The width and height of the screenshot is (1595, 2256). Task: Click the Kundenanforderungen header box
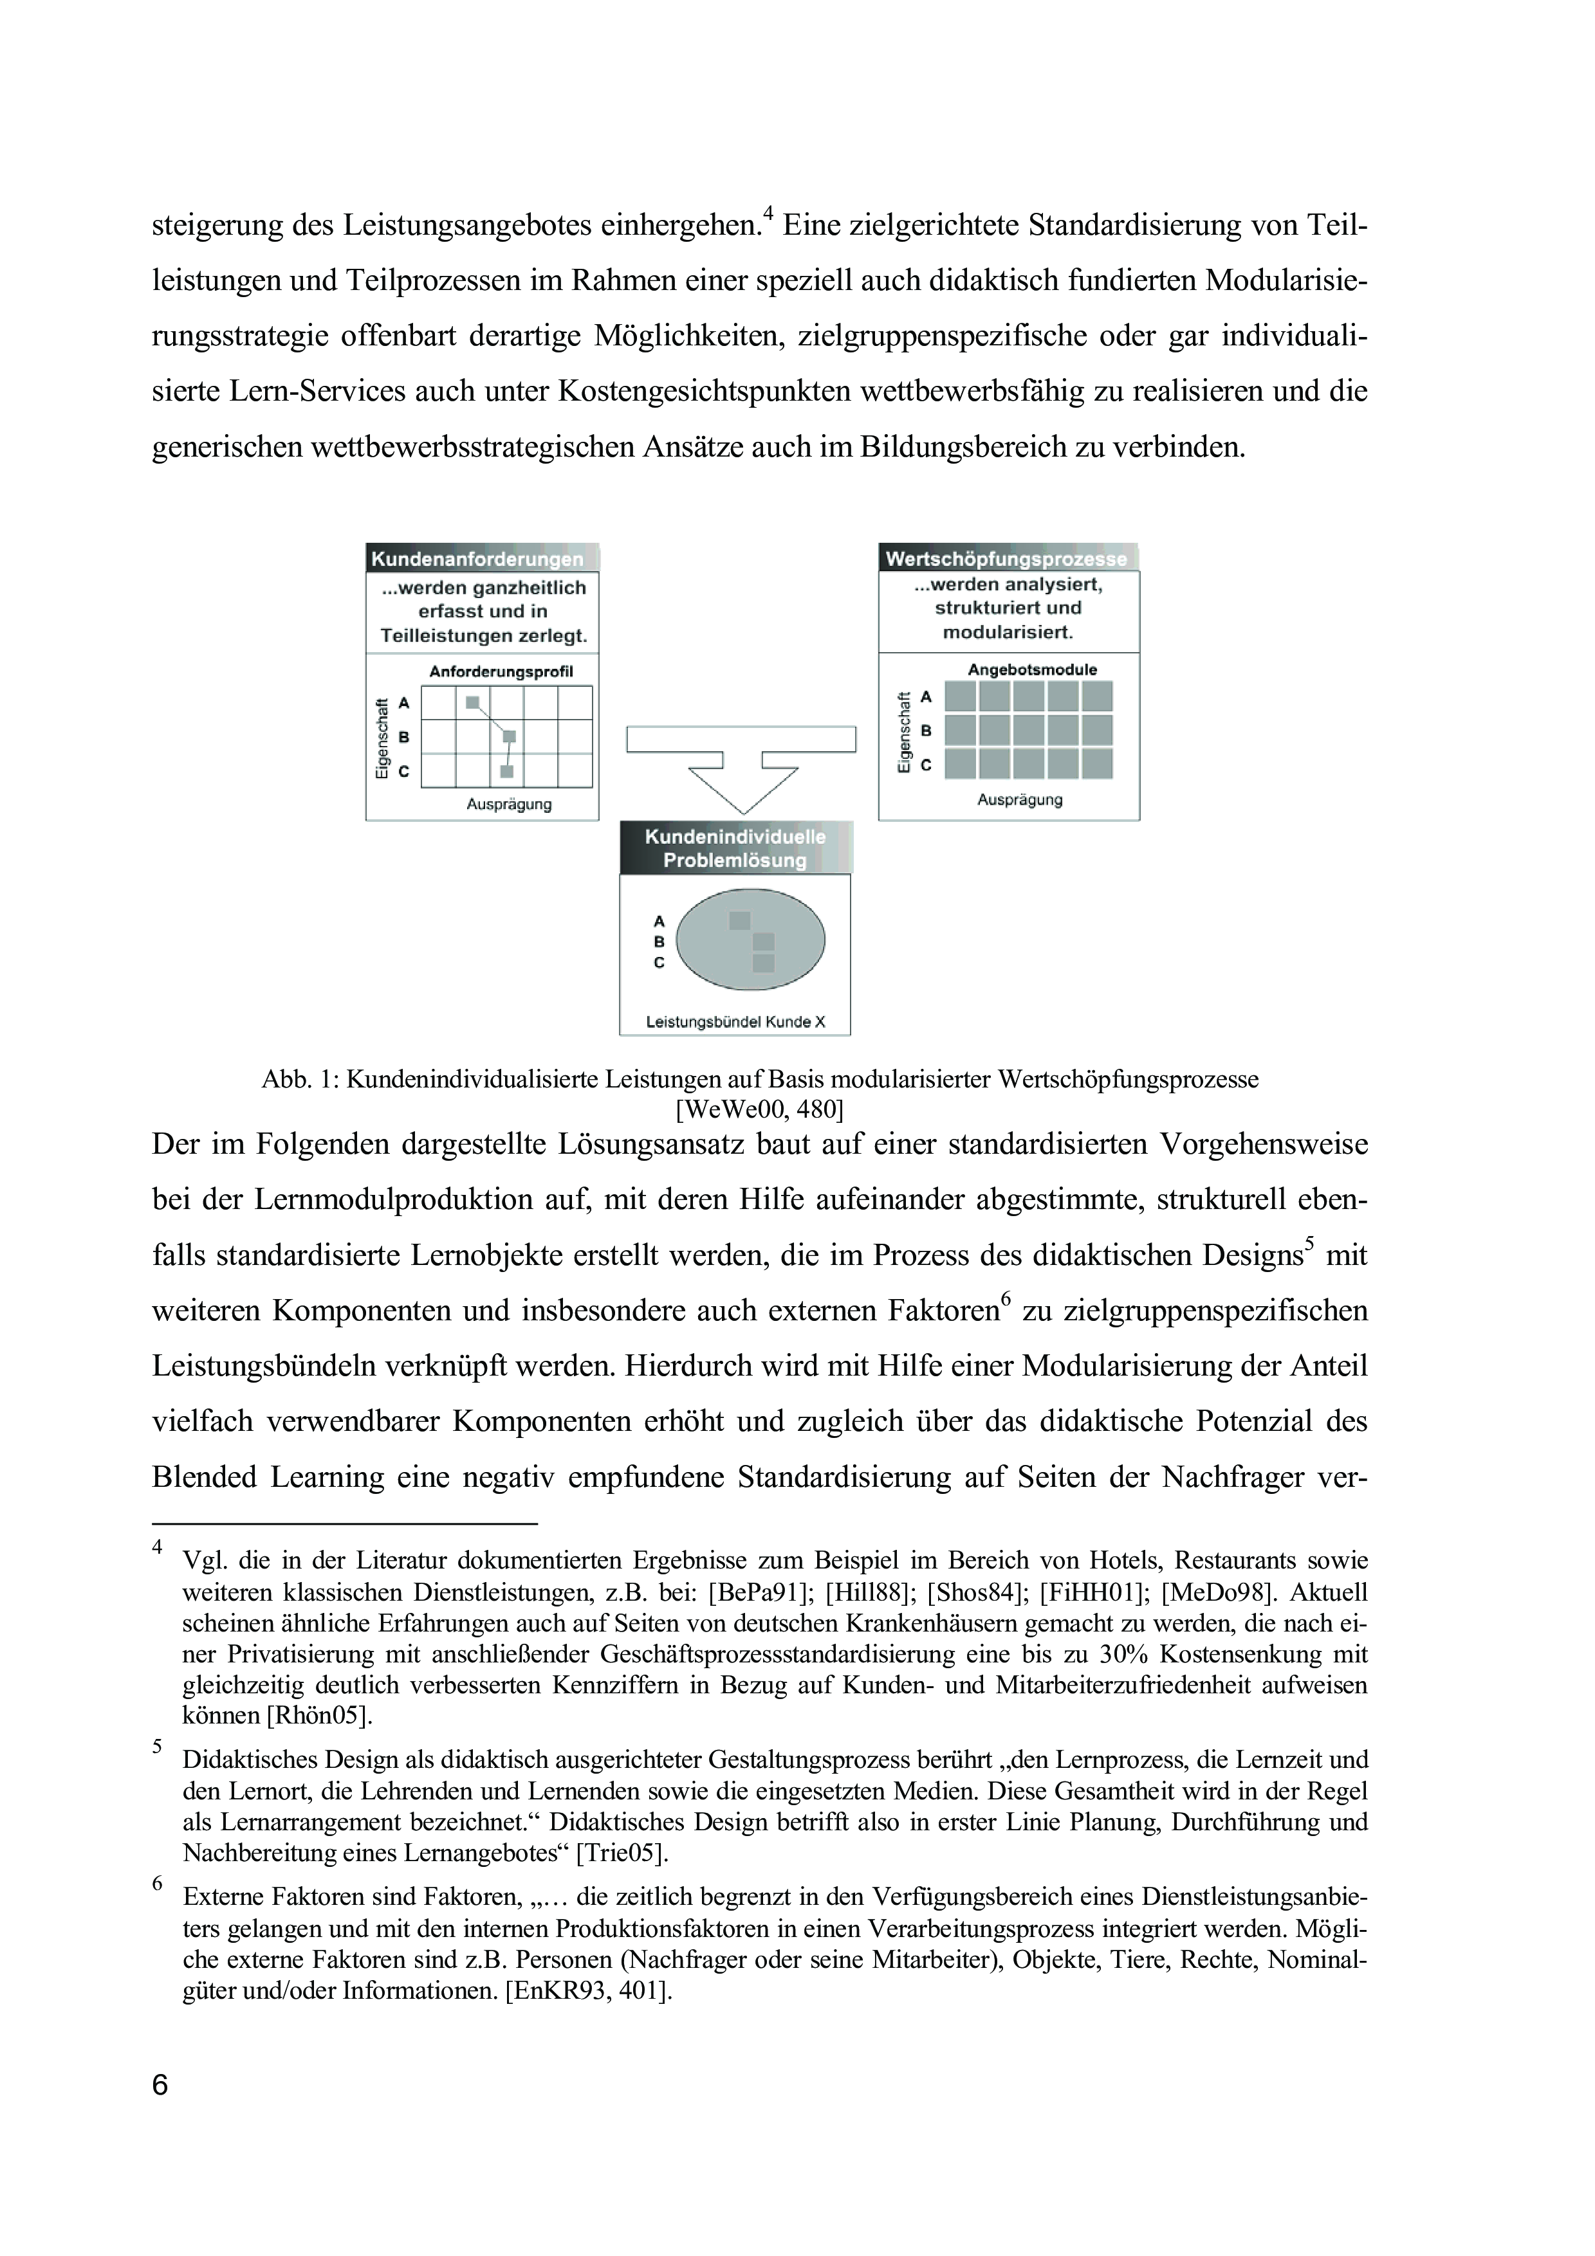coord(481,558)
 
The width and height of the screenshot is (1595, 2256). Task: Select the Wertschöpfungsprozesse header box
coord(1008,558)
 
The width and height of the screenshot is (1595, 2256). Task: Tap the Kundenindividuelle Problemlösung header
coord(735,848)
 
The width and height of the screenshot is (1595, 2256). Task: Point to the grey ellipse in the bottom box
coord(751,940)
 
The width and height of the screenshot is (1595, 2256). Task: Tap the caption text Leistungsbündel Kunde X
coord(735,1022)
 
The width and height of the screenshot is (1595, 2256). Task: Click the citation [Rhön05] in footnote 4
coord(319,1716)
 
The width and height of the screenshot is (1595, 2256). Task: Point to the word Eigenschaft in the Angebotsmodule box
coord(903,732)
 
